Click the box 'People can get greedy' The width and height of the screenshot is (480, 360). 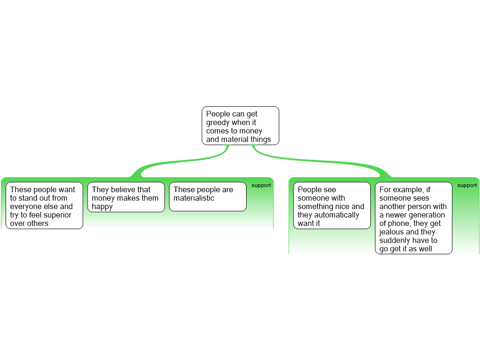tap(240, 126)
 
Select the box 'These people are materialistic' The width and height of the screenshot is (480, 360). tap(208, 196)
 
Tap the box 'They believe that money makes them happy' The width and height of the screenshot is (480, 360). tap(126, 197)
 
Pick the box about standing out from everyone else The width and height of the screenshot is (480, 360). tap(44, 205)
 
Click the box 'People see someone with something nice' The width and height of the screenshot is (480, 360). tap(332, 205)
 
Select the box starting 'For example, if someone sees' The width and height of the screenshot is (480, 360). tap(413, 218)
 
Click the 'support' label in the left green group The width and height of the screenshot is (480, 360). tap(261, 185)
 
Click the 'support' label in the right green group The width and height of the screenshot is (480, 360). tap(467, 185)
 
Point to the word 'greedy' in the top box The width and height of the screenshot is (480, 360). tap(218, 123)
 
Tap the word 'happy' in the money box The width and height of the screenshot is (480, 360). tap(102, 207)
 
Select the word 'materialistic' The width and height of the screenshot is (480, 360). tap(194, 198)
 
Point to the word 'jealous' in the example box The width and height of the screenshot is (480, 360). tap(392, 232)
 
